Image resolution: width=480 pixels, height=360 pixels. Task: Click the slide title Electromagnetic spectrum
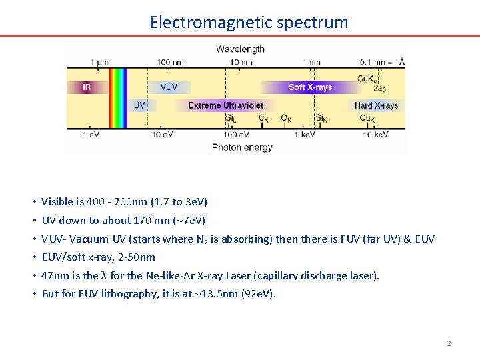pyautogui.click(x=249, y=22)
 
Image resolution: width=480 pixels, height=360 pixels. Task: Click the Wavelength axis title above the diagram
pyautogui.click(x=240, y=49)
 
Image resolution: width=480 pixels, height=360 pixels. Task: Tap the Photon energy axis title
pyautogui.click(x=242, y=147)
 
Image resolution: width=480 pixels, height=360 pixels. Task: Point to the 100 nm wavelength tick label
pyautogui.click(x=171, y=62)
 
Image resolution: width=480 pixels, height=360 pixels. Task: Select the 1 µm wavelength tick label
pyautogui.click(x=99, y=62)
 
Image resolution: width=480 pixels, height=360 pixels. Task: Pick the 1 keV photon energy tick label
pyautogui.click(x=305, y=135)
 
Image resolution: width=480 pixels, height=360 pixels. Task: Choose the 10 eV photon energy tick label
pyautogui.click(x=162, y=135)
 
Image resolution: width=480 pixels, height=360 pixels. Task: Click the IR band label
pyautogui.click(x=86, y=87)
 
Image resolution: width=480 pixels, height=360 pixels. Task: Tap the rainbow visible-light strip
pyautogui.click(x=117, y=97)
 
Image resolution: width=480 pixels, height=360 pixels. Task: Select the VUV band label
pyautogui.click(x=169, y=87)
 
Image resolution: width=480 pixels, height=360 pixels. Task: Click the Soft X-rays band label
pyautogui.click(x=310, y=87)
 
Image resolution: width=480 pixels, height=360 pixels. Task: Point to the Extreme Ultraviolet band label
pyautogui.click(x=225, y=105)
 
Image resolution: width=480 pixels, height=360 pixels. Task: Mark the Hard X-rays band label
pyautogui.click(x=376, y=105)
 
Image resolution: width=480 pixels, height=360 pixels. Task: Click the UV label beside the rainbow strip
pyautogui.click(x=139, y=105)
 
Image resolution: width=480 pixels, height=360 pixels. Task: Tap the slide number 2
pyautogui.click(x=449, y=343)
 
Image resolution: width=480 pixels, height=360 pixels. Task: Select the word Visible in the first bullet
pyautogui.click(x=57, y=201)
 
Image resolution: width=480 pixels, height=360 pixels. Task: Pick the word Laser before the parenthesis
pyautogui.click(x=251, y=275)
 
